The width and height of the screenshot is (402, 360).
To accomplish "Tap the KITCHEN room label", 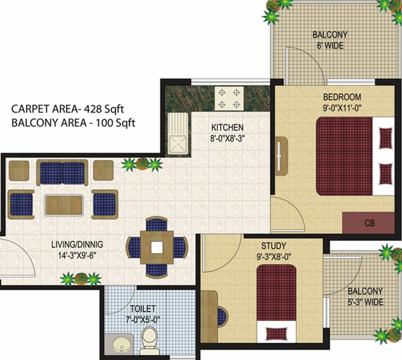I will click(227, 127).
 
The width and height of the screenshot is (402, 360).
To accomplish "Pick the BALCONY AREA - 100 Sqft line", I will click(73, 123).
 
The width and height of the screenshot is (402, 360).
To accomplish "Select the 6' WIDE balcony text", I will click(330, 46).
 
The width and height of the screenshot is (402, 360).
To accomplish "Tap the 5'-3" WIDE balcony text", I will click(365, 302).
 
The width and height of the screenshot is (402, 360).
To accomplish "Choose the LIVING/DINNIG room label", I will click(78, 244).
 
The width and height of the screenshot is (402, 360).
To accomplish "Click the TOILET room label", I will click(143, 309).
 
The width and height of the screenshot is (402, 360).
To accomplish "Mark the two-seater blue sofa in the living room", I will click(62, 172).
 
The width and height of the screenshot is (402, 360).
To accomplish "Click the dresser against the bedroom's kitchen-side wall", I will click(281, 156).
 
